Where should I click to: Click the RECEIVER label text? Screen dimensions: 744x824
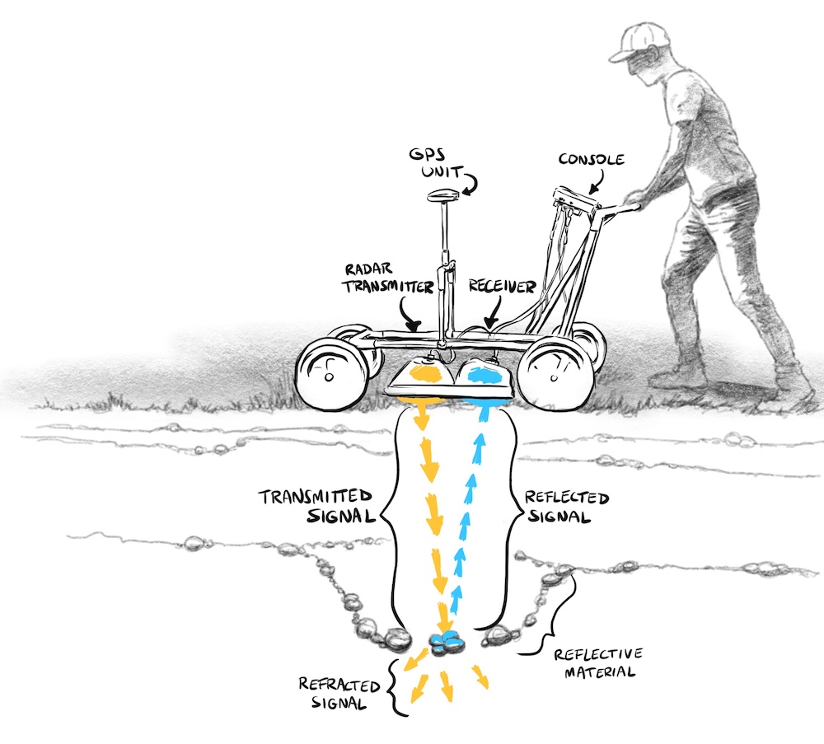(503, 286)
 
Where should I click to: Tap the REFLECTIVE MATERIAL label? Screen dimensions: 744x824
(598, 662)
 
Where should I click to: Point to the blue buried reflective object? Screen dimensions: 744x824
(448, 640)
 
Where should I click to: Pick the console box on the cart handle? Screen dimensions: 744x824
(574, 199)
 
